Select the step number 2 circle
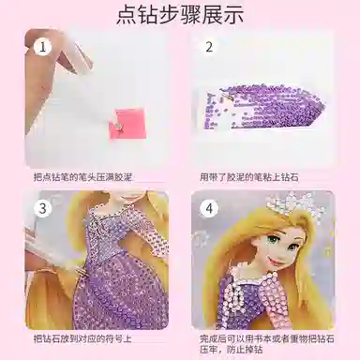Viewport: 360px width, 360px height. (209, 46)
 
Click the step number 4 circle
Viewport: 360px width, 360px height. (210, 208)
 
